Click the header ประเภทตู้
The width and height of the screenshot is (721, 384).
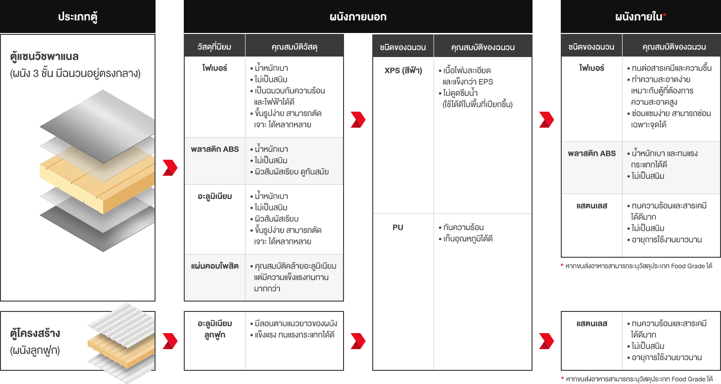point(78,17)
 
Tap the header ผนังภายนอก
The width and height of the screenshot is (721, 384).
point(358,17)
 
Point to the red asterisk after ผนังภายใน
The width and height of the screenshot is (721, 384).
point(664,16)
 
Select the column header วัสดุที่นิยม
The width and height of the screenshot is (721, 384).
point(214,47)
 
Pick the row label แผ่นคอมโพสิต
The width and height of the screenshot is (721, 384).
point(214,266)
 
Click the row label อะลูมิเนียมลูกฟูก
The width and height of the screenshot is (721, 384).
point(214,329)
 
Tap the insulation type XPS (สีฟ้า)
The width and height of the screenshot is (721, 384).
point(403,70)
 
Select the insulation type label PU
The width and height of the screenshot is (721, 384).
point(398,227)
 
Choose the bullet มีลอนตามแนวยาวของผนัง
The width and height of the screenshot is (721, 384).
point(295,323)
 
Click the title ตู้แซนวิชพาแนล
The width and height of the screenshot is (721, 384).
point(44,57)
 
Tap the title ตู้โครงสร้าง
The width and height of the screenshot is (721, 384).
point(35,333)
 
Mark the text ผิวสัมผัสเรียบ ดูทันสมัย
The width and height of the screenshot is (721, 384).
point(291,172)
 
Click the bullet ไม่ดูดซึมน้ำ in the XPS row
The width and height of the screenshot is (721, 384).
point(460,93)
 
